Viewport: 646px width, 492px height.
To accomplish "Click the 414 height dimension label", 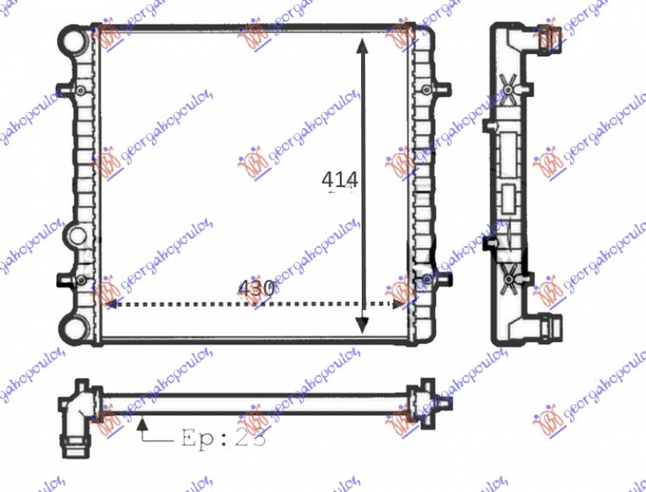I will (x=339, y=179).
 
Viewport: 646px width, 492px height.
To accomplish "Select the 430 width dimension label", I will (x=257, y=288).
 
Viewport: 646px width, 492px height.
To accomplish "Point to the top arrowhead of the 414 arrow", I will (x=363, y=43).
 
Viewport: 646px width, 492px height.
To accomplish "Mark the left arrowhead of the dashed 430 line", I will (x=111, y=304).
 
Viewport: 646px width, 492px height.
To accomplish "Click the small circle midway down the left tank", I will (x=78, y=236).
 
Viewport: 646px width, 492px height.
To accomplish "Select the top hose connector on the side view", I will (x=551, y=37).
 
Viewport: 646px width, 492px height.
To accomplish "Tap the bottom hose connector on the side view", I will (x=551, y=327).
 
